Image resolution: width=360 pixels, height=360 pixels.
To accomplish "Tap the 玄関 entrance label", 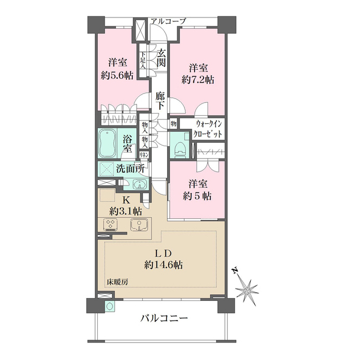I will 161,58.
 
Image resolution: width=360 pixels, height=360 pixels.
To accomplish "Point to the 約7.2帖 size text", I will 198,80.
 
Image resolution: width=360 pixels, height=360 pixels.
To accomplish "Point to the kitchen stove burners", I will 111,225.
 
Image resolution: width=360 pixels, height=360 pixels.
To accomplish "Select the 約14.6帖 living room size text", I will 162,263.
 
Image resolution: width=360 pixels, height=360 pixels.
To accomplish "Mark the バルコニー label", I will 164,319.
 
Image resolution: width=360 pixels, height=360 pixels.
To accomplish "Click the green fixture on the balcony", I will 110,307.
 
